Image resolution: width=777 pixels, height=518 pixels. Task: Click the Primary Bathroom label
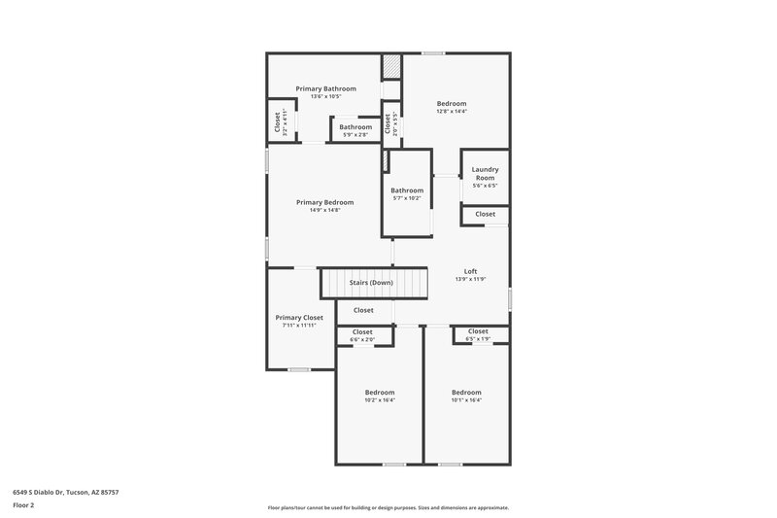click(325, 88)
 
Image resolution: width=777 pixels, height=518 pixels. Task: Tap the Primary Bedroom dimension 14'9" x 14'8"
click(324, 210)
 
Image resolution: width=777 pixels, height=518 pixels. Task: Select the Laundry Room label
click(485, 173)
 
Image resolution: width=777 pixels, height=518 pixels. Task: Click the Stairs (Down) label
click(374, 283)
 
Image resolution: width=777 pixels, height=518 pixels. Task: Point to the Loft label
click(470, 271)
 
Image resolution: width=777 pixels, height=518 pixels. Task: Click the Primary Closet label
click(299, 317)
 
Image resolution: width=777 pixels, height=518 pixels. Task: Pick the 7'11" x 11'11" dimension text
click(299, 326)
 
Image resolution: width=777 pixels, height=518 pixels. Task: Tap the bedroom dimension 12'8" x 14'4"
click(452, 112)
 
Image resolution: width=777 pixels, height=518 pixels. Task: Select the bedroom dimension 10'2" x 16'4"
click(380, 400)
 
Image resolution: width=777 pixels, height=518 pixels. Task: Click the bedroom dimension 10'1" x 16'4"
click(466, 400)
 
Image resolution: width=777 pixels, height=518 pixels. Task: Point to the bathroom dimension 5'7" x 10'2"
click(407, 198)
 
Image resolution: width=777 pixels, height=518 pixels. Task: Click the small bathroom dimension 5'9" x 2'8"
click(355, 135)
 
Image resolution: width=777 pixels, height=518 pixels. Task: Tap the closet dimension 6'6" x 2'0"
click(362, 339)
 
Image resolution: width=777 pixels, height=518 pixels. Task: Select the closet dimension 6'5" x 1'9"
click(478, 339)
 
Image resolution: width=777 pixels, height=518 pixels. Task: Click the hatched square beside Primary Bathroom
click(390, 67)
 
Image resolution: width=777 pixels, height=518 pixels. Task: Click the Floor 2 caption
click(24, 505)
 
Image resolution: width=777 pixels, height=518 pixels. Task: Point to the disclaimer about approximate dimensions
click(388, 507)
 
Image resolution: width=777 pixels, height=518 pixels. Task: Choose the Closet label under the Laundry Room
click(485, 214)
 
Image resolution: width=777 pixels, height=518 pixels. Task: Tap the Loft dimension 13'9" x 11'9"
click(470, 280)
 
